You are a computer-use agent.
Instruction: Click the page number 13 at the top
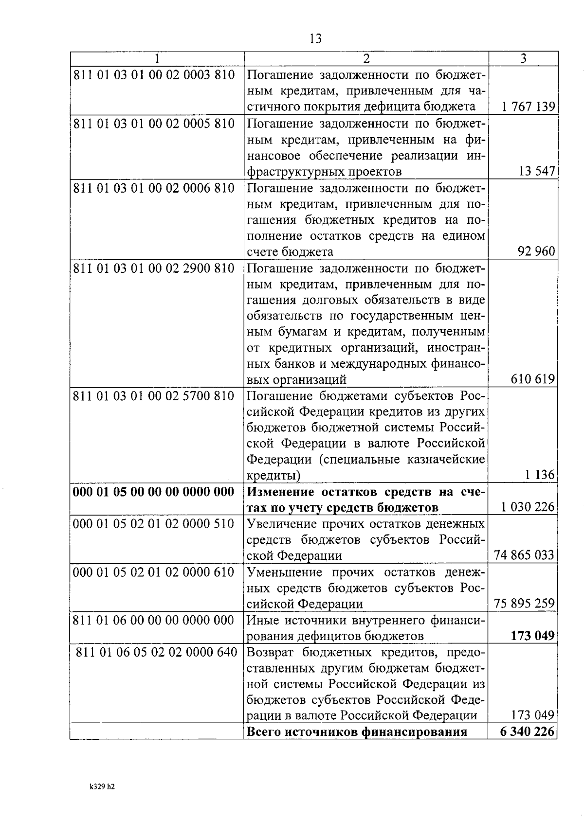coord(315,39)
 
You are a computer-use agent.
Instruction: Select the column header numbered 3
coord(523,59)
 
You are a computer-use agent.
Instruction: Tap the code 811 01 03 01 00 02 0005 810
coord(154,124)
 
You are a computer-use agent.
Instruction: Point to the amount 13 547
coord(537,171)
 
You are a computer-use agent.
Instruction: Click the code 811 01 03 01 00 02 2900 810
coord(154,268)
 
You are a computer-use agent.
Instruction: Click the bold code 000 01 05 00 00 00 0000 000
coord(154,492)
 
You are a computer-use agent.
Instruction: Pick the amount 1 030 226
coord(528,507)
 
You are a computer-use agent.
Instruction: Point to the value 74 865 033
coord(524,555)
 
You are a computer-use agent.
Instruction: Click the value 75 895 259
coord(524,604)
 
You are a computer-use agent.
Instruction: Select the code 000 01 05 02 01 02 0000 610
coord(154,572)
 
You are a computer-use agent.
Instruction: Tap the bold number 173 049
coord(532,636)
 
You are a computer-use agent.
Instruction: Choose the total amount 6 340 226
coord(527,731)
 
